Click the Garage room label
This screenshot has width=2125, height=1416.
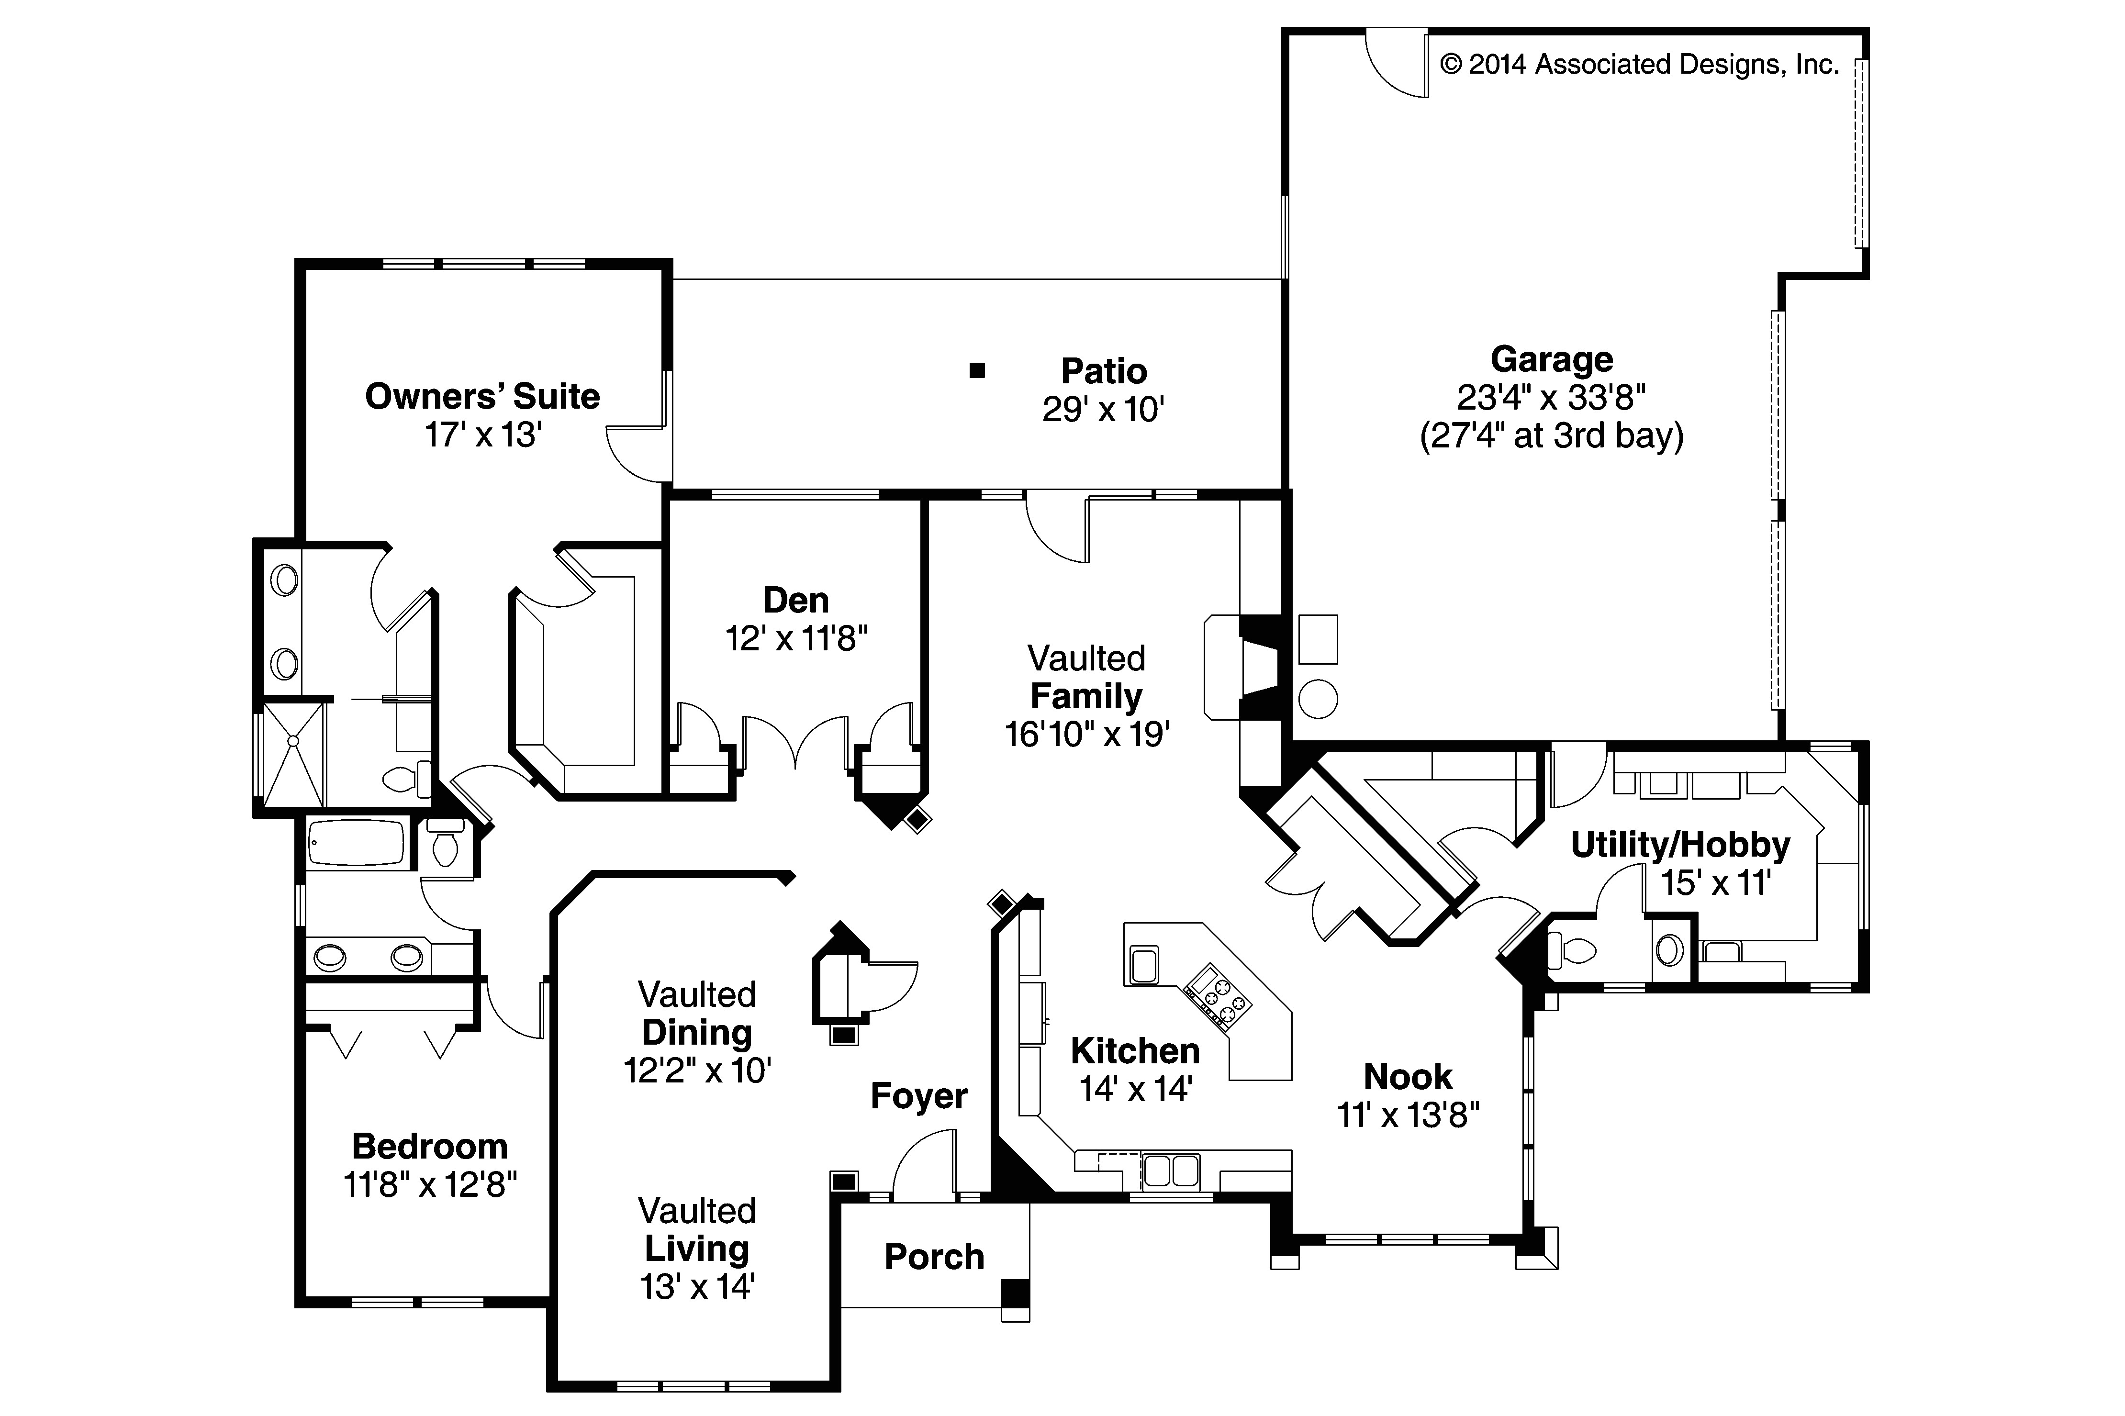pyautogui.click(x=1551, y=359)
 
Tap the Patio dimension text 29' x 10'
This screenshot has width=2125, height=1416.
pyautogui.click(x=1103, y=410)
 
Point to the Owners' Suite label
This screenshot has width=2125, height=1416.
pyautogui.click(x=482, y=396)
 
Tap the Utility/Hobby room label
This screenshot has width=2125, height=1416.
pyautogui.click(x=1680, y=845)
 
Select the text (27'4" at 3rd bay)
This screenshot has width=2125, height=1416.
pyautogui.click(x=1551, y=436)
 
